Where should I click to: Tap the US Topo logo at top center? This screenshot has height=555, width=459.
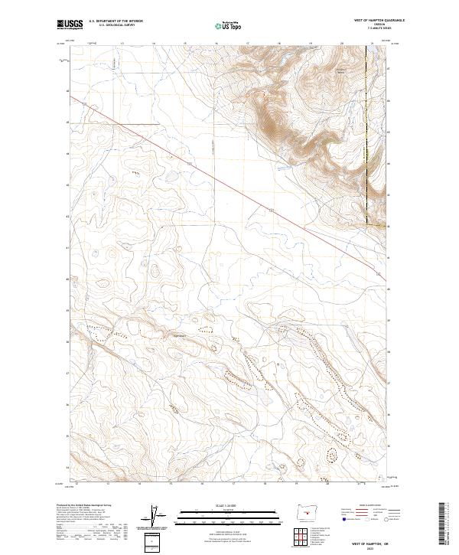tap(228, 26)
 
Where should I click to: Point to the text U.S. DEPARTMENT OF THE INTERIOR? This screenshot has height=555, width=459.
tap(116, 20)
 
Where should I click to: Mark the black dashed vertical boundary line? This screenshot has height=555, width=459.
tap(366, 130)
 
